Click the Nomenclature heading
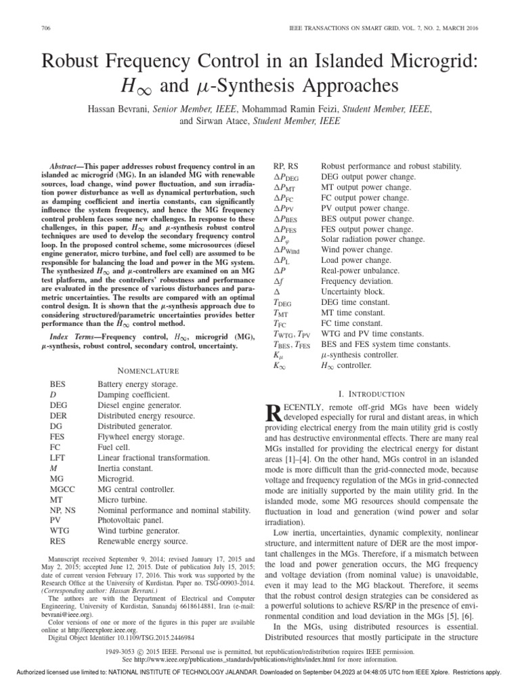tap(148, 371)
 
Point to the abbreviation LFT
tap(58, 457)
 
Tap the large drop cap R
tap(276, 415)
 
